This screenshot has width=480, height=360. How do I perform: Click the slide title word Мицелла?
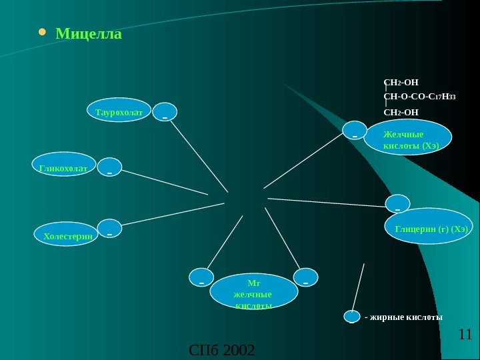[89, 33]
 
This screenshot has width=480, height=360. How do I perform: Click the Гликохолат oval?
[64, 169]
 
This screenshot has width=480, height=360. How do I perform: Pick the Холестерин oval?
[65, 235]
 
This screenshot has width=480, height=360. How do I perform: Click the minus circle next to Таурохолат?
[165, 113]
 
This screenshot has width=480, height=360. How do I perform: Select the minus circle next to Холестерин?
[109, 230]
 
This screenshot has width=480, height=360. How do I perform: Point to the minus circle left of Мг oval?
[201, 279]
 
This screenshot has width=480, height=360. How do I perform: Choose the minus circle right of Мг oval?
[305, 279]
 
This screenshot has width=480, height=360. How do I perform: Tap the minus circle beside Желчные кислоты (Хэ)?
[355, 132]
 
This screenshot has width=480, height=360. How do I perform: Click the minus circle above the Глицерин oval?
[398, 205]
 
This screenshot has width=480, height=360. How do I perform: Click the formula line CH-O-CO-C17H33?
[420, 97]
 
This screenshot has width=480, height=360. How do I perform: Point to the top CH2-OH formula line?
[401, 83]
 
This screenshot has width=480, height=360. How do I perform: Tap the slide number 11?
[465, 334]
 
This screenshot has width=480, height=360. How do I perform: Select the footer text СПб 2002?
[222, 349]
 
